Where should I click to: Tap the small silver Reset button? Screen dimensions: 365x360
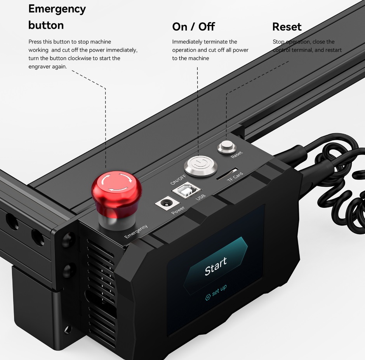[226, 147]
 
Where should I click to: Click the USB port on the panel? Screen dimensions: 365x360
[186, 190]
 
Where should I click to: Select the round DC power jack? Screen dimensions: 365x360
[167, 203]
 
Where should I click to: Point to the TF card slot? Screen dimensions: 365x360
[227, 174]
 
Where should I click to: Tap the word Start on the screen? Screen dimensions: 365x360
[216, 266]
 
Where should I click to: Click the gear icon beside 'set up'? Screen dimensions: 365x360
[208, 297]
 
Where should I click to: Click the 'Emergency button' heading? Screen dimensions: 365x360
[57, 17]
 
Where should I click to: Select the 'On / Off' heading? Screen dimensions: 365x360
[193, 27]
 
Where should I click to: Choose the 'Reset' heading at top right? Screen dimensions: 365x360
[287, 27]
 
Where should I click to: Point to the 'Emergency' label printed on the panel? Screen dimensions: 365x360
[136, 231]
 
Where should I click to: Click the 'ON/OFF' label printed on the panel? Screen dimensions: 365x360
[178, 179]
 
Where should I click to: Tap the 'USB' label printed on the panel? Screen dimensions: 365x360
[200, 197]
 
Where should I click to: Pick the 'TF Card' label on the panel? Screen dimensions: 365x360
[235, 177]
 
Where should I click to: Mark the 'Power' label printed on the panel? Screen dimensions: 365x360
[178, 210]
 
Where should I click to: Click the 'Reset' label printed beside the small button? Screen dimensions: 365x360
[237, 155]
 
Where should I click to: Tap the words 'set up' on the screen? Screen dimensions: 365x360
[219, 290]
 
